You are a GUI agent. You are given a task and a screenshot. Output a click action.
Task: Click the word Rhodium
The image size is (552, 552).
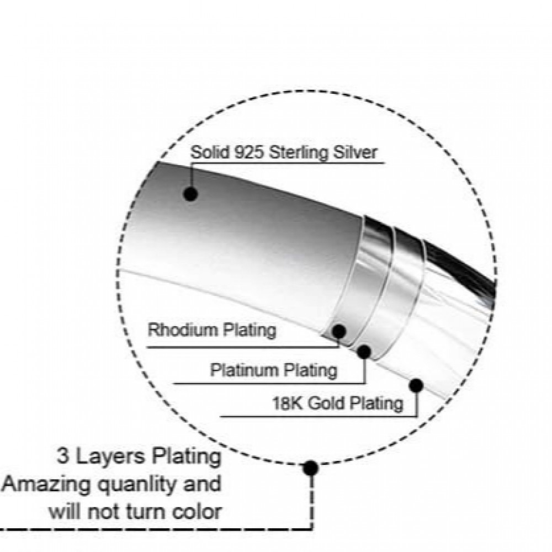tap(183, 331)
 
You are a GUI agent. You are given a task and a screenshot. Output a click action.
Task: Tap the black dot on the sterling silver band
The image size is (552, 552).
tap(191, 194)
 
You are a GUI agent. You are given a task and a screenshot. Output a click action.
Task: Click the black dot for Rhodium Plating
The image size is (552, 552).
tap(339, 331)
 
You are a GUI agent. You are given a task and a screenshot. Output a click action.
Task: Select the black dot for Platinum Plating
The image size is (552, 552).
tap(364, 352)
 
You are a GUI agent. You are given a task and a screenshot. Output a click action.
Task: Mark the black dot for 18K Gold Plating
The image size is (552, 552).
tap(416, 385)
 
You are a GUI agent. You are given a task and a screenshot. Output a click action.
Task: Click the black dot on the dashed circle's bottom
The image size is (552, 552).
tap(311, 468)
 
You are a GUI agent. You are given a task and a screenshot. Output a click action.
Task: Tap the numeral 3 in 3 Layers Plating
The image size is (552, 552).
tap(63, 458)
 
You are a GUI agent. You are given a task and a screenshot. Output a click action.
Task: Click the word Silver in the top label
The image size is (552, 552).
tap(353, 152)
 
